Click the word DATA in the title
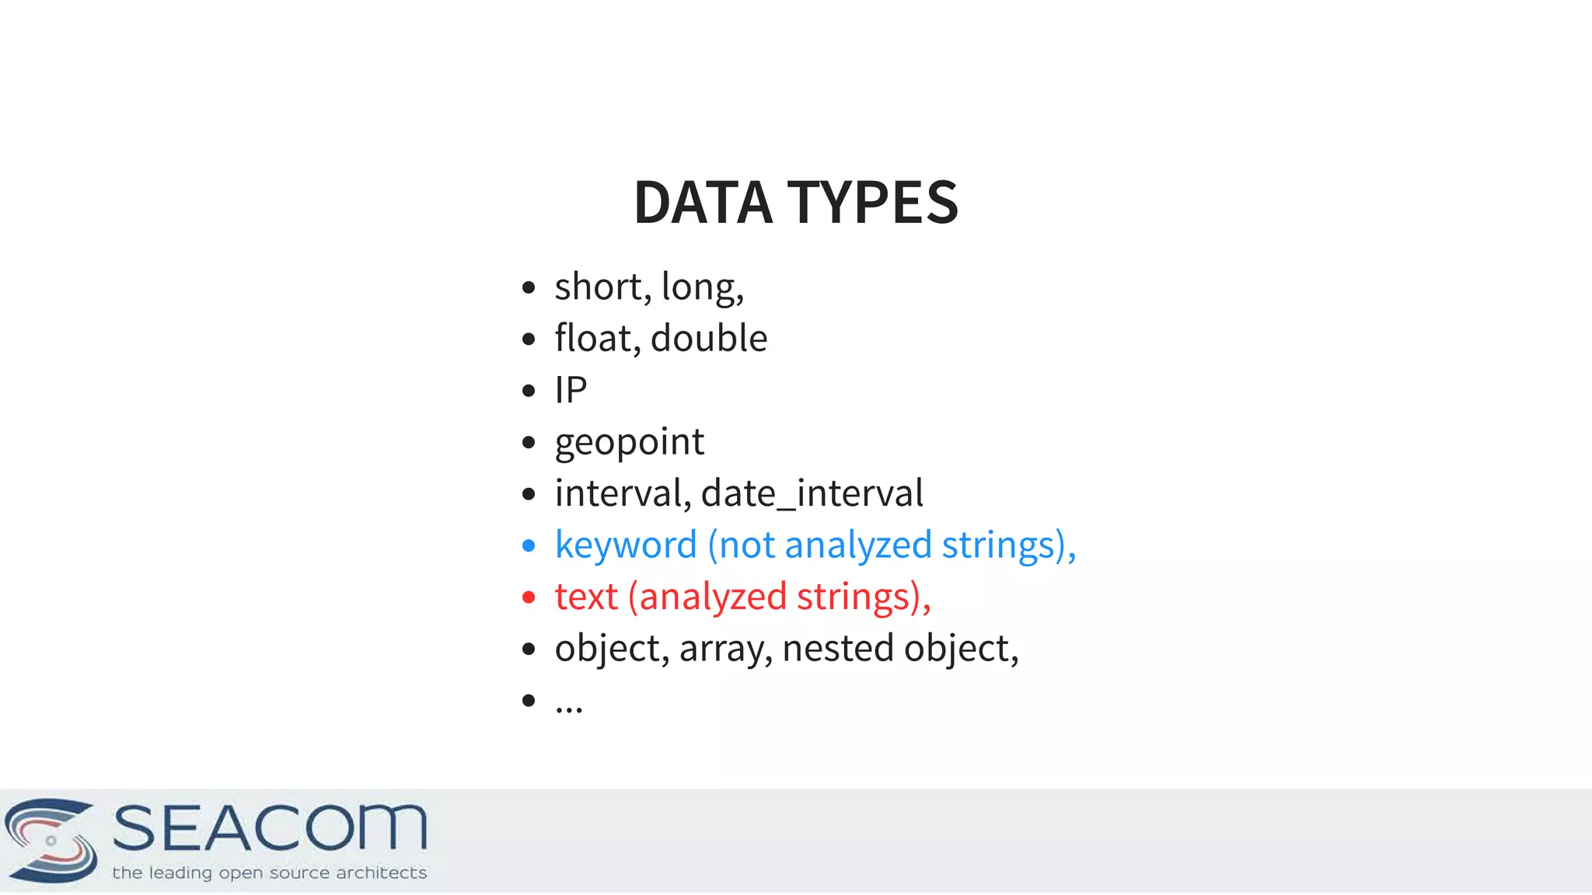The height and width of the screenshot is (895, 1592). pos(703,203)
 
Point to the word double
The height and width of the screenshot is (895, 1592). pos(709,338)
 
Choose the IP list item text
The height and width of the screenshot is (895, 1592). pos(571,390)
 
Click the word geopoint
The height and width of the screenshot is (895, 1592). pos(629,442)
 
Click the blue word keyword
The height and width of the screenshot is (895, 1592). pos(626,545)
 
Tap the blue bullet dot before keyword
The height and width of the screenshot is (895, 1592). pos(529,546)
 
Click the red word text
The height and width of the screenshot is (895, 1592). pos(586,597)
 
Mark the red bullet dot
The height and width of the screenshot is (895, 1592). pos(529,597)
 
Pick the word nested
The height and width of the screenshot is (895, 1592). pos(838,648)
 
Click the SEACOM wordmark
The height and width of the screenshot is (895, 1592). pos(270,828)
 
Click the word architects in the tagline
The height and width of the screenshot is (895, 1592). pos(381,872)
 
